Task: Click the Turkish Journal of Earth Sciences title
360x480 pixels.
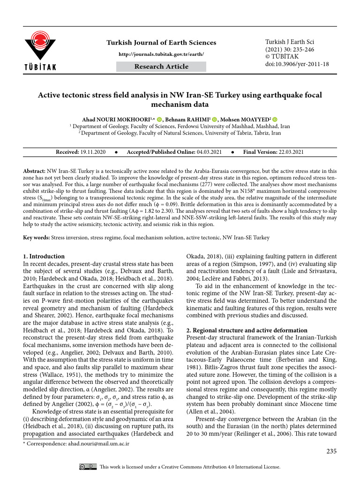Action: [161, 43]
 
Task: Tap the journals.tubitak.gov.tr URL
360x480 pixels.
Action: [161, 54]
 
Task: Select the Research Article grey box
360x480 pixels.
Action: [161, 67]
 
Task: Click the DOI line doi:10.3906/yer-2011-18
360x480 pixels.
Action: [297, 64]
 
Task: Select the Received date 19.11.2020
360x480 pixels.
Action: [93, 152]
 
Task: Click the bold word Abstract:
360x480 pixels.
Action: [34, 172]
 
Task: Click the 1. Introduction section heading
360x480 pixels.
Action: [44, 256]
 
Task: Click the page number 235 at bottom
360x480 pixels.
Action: [331, 451]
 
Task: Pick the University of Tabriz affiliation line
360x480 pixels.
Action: [180, 133]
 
